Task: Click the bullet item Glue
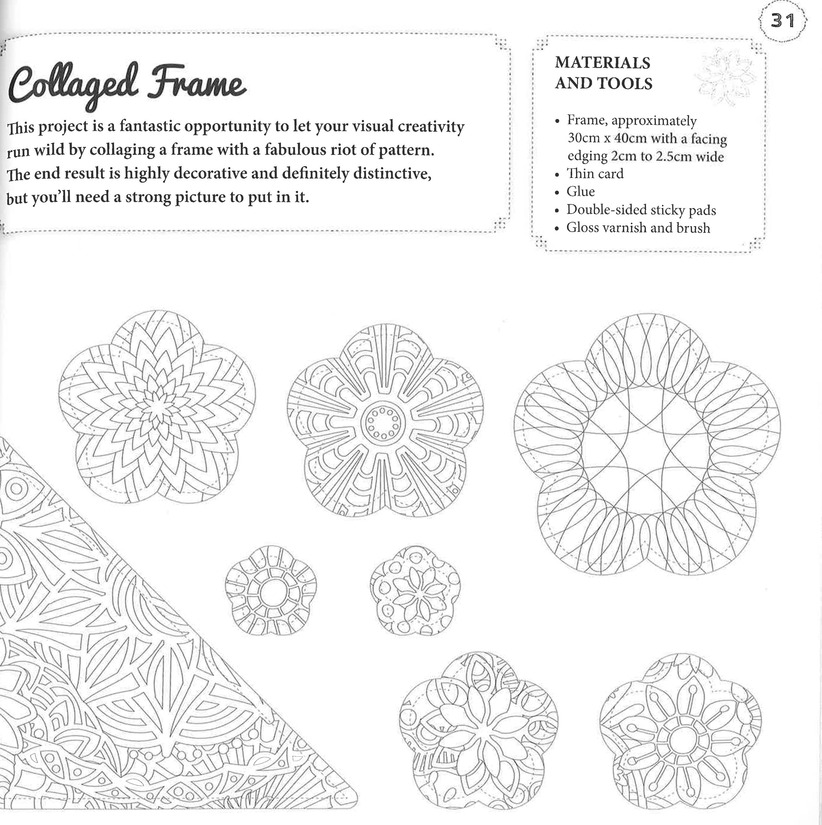pyautogui.click(x=580, y=192)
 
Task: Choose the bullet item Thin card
pyautogui.click(x=595, y=174)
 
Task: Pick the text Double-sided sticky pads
pyautogui.click(x=641, y=210)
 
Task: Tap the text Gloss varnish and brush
pyautogui.click(x=638, y=228)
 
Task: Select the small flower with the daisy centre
pyautogui.click(x=415, y=591)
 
